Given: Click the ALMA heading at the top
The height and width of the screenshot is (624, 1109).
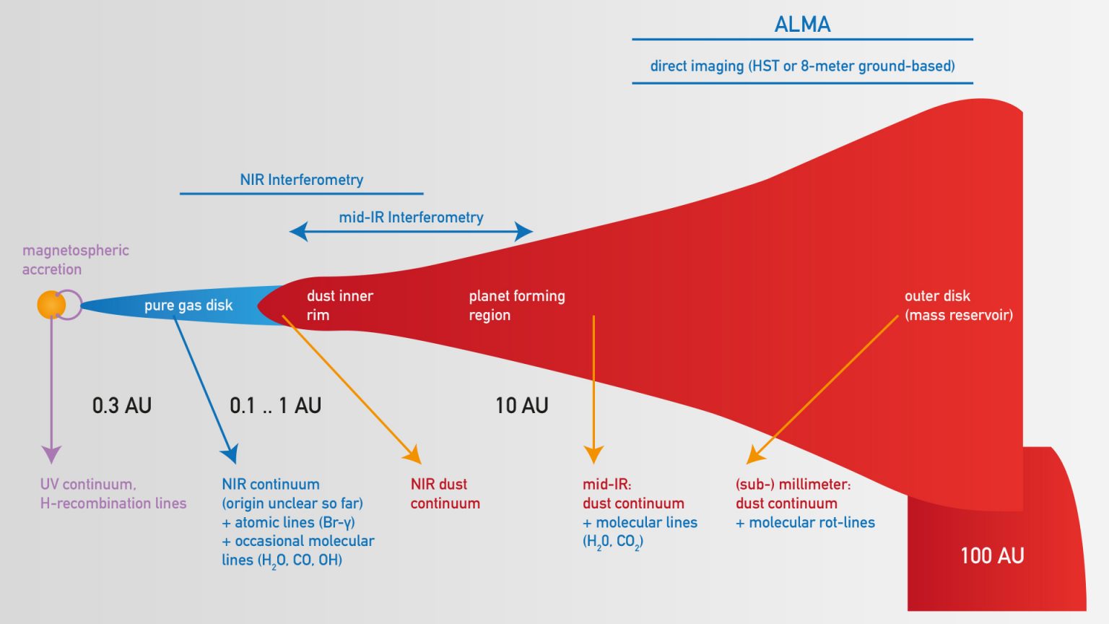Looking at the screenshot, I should click(x=802, y=25).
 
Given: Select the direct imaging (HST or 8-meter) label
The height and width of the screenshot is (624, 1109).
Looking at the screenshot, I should click(x=802, y=66).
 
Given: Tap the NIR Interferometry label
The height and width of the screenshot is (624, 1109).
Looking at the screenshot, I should click(x=301, y=180).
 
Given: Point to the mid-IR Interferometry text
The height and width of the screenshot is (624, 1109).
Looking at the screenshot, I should click(x=411, y=217).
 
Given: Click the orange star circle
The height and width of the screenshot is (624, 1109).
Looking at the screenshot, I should click(x=51, y=305).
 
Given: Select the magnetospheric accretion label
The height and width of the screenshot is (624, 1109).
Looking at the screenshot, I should click(x=75, y=260).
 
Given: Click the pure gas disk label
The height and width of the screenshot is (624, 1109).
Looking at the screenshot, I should click(x=188, y=305).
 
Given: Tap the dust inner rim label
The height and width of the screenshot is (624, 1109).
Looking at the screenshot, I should click(x=339, y=305).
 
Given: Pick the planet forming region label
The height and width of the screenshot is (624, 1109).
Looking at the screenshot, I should click(x=516, y=305).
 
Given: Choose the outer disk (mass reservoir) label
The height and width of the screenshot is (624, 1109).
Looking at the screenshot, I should click(x=958, y=305).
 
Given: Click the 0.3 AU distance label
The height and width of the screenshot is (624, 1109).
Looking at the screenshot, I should click(x=122, y=406).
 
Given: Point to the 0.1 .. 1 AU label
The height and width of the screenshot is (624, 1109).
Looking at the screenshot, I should click(x=275, y=406).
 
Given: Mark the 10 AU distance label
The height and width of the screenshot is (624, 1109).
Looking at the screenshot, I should click(x=521, y=406).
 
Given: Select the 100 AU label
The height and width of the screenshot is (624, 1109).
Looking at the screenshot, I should click(x=992, y=555).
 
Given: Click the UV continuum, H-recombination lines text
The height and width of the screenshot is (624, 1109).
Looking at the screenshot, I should click(x=113, y=494).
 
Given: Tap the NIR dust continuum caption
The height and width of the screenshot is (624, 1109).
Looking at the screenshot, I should click(x=445, y=494).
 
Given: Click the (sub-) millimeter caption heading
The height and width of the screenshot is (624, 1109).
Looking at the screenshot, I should click(x=793, y=485).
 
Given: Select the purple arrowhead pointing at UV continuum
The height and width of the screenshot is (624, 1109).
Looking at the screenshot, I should click(x=51, y=454).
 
